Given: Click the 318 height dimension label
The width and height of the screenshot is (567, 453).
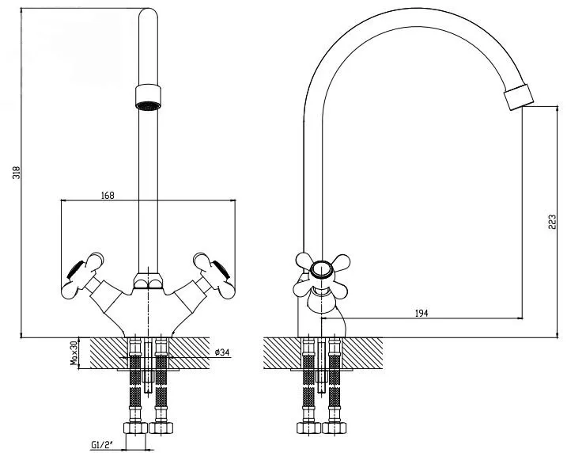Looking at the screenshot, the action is click(17, 173).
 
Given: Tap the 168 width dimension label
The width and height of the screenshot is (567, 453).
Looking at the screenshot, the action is click(108, 196).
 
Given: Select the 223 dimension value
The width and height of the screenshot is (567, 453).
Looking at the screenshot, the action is click(552, 222).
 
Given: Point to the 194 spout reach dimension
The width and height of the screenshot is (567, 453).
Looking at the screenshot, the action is click(421, 314).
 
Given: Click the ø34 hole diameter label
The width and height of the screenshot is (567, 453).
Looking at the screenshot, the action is click(222, 352).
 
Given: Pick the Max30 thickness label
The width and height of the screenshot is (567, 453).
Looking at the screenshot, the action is click(74, 352).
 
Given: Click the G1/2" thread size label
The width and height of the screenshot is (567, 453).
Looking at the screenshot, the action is click(102, 444).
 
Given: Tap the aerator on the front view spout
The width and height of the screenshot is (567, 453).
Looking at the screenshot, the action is click(148, 97).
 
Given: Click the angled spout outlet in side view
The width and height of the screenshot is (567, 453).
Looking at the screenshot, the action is click(519, 97).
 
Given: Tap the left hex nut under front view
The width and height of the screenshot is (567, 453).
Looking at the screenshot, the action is click(135, 428).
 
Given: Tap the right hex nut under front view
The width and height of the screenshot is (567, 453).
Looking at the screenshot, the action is click(161, 428).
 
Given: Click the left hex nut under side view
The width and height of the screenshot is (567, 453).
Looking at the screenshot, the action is click(308, 428).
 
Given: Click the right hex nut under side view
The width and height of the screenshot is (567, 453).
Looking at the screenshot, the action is click(335, 428).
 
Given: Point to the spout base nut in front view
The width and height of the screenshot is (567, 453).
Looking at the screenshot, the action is click(148, 281).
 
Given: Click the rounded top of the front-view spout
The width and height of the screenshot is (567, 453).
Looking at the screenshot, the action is click(148, 13).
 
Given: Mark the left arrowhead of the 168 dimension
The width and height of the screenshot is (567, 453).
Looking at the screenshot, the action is click(63, 200).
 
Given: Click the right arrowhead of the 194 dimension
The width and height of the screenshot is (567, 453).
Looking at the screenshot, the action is click(520, 318).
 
